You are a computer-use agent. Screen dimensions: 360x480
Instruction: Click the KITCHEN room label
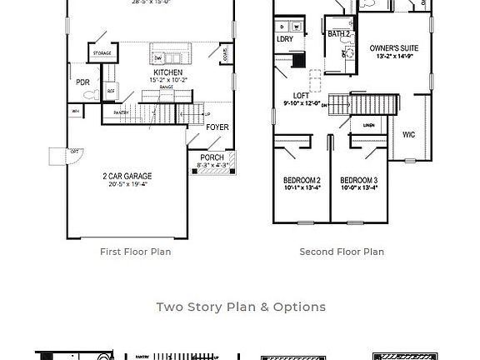167,72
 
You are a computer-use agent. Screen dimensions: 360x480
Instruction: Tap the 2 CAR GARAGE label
127,177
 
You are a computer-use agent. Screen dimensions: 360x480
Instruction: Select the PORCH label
212,157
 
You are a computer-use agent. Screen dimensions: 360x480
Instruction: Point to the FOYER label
217,127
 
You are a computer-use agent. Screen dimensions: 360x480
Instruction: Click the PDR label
82,82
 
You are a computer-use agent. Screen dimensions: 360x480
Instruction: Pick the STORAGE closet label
102,53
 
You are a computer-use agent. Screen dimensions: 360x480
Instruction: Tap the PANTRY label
120,112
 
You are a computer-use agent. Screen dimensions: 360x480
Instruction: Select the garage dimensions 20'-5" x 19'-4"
127,185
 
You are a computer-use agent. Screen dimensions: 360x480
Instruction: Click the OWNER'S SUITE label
394,48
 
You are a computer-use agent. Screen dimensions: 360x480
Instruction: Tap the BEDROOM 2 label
302,180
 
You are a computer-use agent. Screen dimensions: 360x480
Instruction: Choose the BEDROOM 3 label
358,180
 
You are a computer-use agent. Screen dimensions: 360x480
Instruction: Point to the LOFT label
301,96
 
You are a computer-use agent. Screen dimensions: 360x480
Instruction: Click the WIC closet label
408,134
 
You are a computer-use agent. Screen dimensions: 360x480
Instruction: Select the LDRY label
284,39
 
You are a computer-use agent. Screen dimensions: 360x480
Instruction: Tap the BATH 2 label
337,34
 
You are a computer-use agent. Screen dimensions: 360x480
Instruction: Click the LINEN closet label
367,126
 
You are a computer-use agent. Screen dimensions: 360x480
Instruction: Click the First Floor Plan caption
135,252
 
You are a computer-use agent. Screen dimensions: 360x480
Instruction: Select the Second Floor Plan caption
342,252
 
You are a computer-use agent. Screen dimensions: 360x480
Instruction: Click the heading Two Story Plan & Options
241,307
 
